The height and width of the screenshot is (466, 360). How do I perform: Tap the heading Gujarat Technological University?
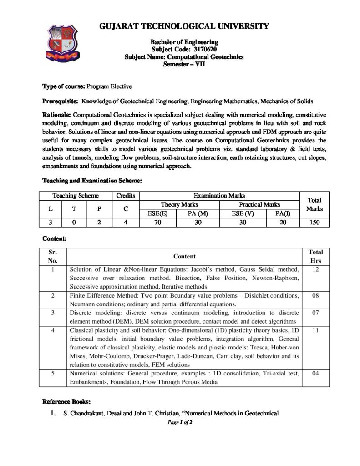[184, 26]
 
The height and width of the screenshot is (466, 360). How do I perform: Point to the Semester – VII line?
[184, 65]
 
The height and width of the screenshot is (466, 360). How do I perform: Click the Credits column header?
[126, 195]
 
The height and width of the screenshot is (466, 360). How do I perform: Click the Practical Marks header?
[259, 205]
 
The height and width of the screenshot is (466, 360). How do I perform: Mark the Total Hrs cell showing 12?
[315, 269]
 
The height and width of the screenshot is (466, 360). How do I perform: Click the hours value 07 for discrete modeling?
[315, 313]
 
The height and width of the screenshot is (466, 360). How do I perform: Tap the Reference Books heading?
[66, 402]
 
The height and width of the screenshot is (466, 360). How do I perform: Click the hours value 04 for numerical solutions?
[315, 374]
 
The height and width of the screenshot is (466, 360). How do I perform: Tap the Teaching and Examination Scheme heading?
[92, 181]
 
